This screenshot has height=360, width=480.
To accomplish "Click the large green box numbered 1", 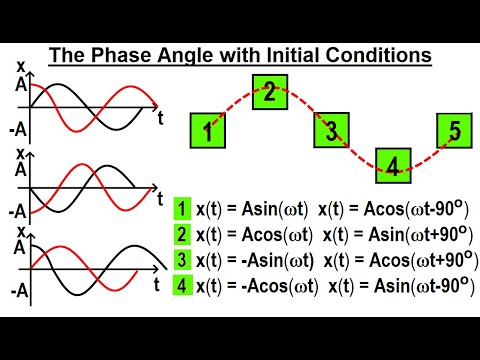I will coord(207,130).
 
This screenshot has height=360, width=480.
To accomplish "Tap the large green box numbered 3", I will coord(332,130).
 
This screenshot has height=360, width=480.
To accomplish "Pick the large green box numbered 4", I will coord(394,166).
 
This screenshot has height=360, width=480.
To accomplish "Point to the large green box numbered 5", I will coord(455,130).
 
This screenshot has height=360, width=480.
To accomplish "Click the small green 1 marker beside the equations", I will coord(182,208).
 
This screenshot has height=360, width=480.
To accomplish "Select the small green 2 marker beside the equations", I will coord(182,234).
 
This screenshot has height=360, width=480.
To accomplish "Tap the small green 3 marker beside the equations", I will coord(182,259).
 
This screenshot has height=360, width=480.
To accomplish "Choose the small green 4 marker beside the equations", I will coord(182,285).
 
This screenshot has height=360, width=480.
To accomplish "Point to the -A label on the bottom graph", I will coord(15,297).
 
